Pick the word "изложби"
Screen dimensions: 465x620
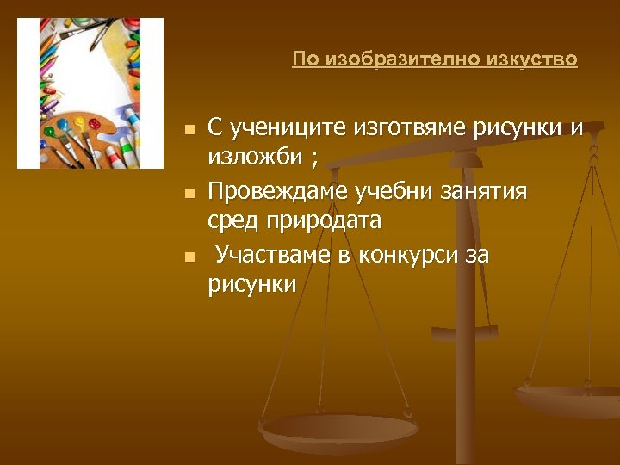coord(254,159)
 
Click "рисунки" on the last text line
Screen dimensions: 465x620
coord(251,285)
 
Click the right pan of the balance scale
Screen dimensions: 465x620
coord(568,399)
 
